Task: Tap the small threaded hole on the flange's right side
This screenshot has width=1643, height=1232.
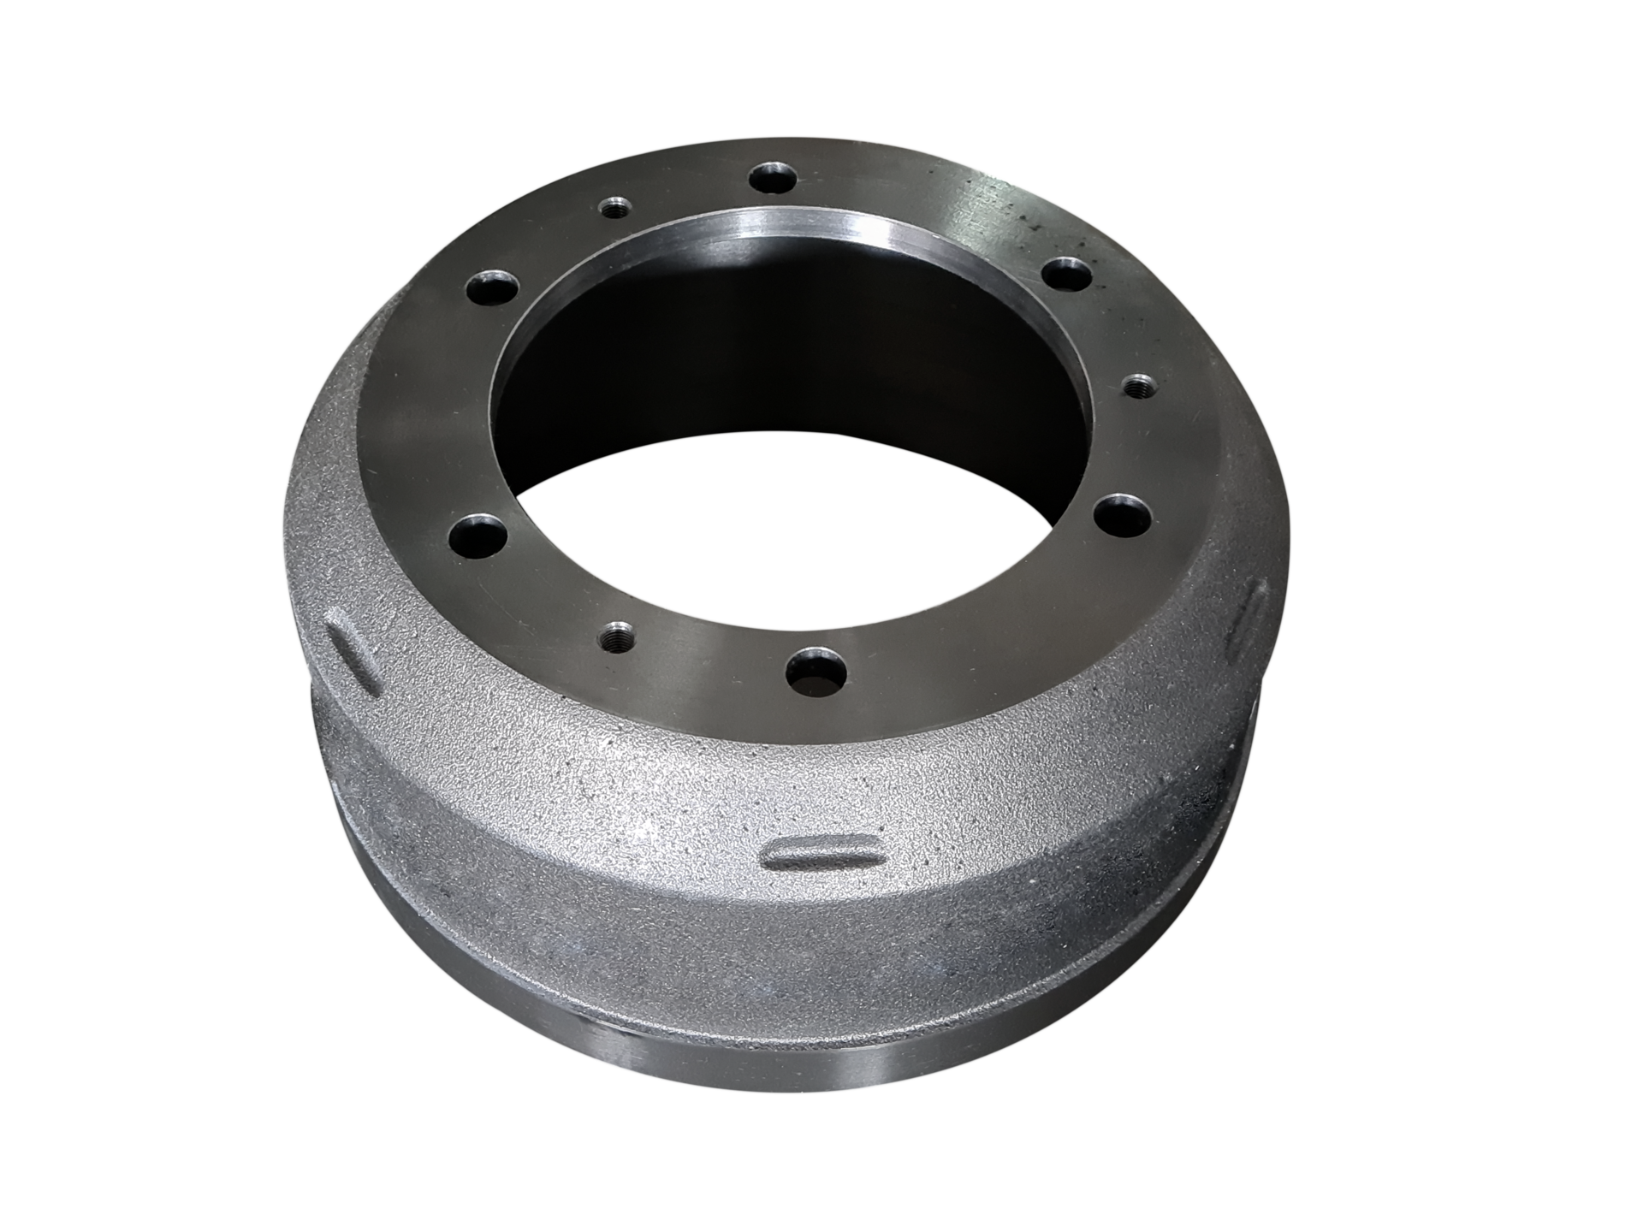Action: [1138, 385]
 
